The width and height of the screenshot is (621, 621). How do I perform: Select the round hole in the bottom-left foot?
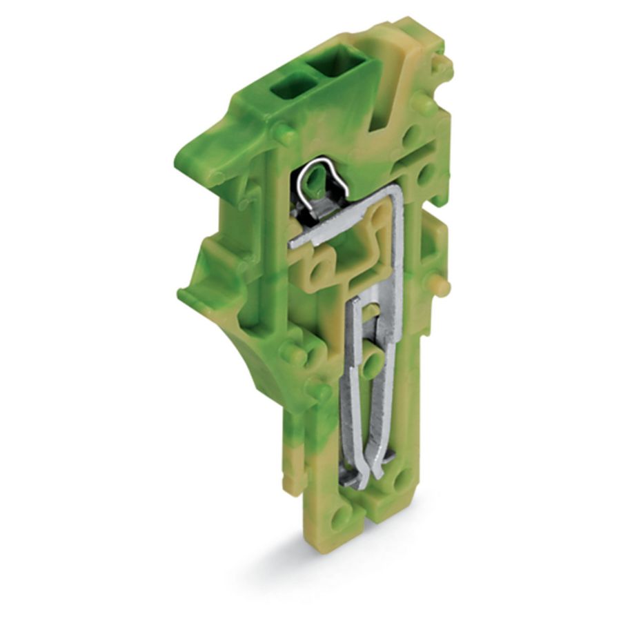(x=338, y=517)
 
